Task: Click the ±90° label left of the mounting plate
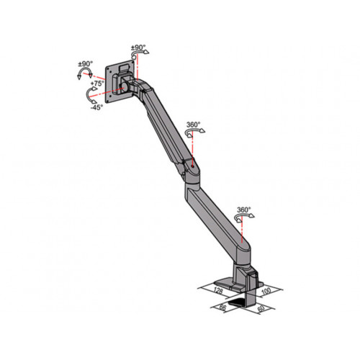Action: (86, 64)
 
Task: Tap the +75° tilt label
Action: (97, 84)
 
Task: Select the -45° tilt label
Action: (96, 107)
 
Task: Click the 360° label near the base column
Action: (243, 210)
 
